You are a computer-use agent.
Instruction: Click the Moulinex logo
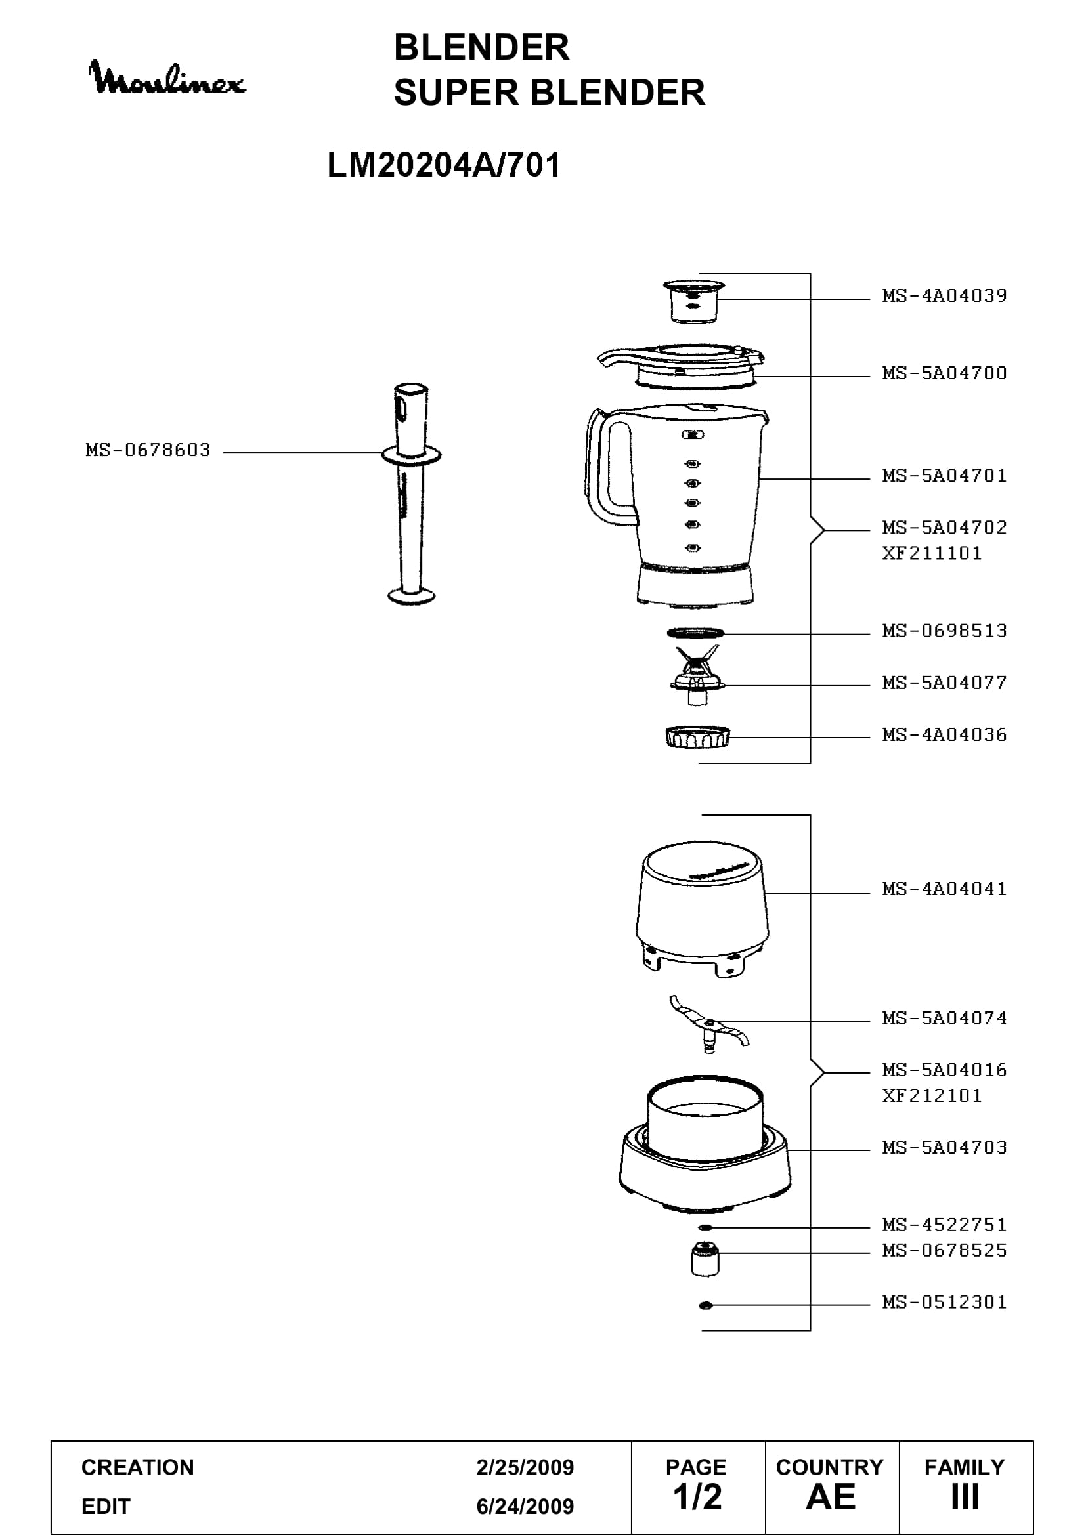click(167, 77)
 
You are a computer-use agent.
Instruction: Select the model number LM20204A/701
click(444, 165)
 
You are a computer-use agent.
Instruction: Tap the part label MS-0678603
click(148, 450)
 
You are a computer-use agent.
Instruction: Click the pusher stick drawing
click(411, 494)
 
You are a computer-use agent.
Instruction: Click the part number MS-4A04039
click(944, 295)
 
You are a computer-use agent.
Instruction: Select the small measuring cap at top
click(694, 301)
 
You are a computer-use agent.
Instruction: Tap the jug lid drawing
click(682, 364)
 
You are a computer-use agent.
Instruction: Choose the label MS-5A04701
click(944, 475)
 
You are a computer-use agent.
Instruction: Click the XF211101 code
click(932, 553)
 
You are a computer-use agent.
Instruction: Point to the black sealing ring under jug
click(695, 633)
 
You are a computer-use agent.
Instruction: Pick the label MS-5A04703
click(944, 1147)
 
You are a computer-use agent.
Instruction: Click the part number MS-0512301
click(944, 1301)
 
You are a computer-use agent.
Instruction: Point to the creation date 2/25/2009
click(525, 1467)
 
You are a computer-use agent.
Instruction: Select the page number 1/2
click(697, 1498)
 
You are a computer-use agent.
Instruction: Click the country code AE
click(831, 1498)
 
